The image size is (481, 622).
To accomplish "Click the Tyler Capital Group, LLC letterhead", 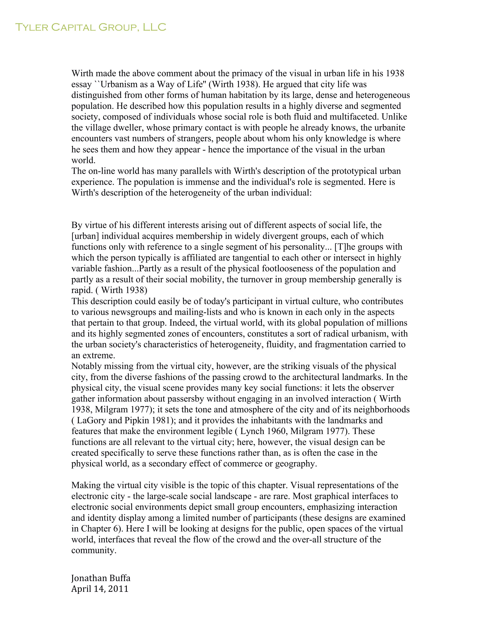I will tap(90, 27).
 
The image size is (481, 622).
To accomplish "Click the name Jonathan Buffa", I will tap(101, 578).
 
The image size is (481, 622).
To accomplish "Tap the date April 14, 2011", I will tap(100, 589).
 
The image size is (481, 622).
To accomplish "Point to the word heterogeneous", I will tap(383, 95).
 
